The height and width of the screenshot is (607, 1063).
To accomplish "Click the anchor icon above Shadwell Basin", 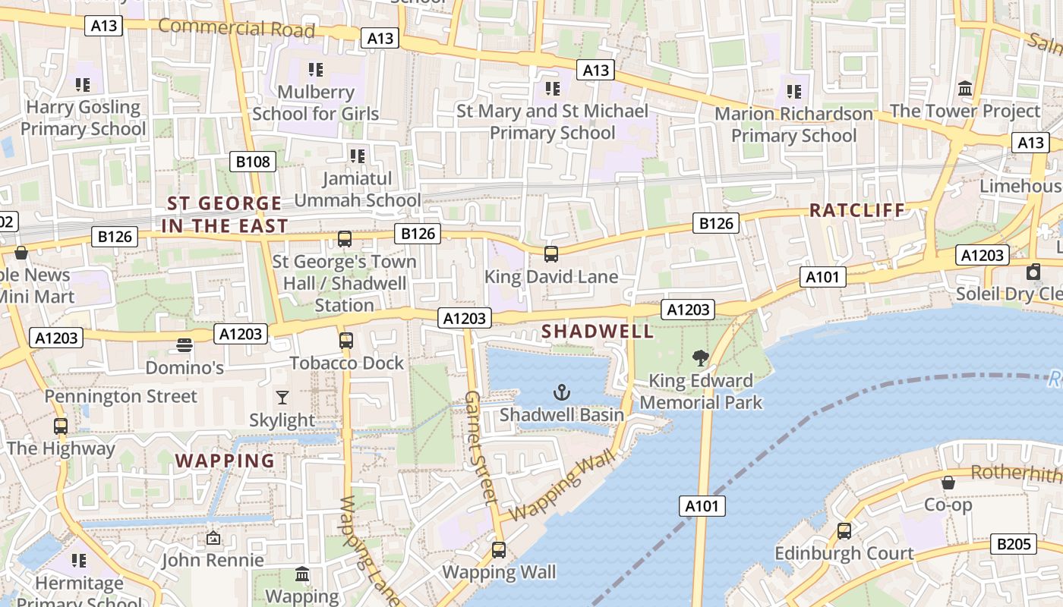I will coord(561,392).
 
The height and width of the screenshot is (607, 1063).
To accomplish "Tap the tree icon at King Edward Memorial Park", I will coord(701,357).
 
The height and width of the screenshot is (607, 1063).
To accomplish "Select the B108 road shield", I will coord(252,162).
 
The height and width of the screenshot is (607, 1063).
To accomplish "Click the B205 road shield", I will coord(1014,544).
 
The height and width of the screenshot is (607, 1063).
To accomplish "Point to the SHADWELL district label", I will coord(598,332).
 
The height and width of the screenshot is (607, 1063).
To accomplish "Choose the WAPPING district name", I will coord(225,461).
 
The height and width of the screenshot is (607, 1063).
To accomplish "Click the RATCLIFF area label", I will coord(857,210).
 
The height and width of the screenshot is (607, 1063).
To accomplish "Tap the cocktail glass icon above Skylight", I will coord(282,397).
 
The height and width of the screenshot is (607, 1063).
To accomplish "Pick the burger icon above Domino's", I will coord(184,345).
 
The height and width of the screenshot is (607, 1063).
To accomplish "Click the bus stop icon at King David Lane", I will coord(551,254).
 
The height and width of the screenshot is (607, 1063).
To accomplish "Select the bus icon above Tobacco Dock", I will coord(346,340).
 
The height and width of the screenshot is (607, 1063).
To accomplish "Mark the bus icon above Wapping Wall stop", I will coord(499,549).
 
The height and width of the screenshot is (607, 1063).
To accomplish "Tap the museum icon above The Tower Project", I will coord(965,88).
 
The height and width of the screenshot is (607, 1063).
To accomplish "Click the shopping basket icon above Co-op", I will coord(948,482).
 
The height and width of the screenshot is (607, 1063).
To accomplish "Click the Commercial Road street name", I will coord(236,28).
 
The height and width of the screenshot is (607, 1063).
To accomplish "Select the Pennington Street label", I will coord(121,396).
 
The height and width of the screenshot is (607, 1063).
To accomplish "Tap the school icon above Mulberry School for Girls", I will coord(316,70).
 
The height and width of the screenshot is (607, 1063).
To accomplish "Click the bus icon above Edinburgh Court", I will coord(844,530).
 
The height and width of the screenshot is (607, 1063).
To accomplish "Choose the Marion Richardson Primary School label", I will coord(793,124).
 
